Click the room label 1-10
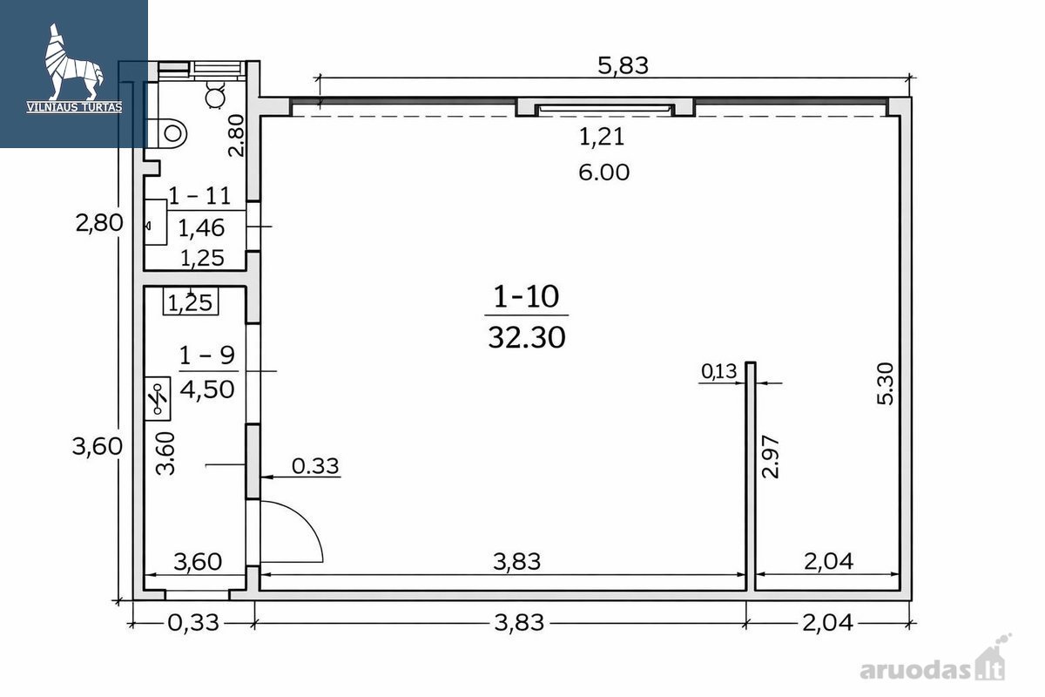pyautogui.click(x=526, y=296)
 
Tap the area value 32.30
pyautogui.click(x=527, y=337)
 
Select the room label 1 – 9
pyautogui.click(x=206, y=355)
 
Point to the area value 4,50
pyautogui.click(x=206, y=389)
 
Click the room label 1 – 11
pyautogui.click(x=199, y=196)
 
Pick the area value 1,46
pyautogui.click(x=201, y=227)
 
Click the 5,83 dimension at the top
pyautogui.click(x=623, y=66)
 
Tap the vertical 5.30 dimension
pyautogui.click(x=885, y=383)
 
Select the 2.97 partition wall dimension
pyautogui.click(x=770, y=457)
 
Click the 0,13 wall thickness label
pyautogui.click(x=719, y=371)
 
